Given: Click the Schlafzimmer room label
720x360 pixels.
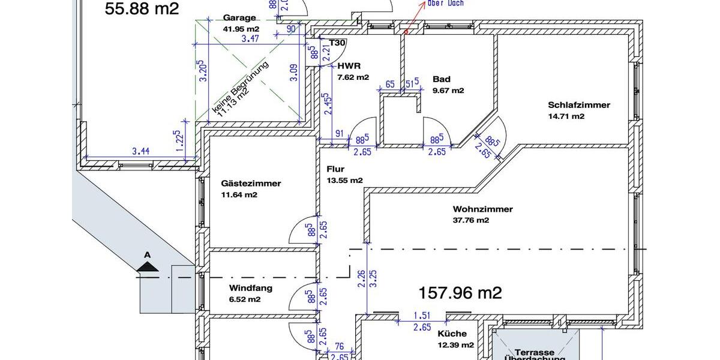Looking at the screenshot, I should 579,105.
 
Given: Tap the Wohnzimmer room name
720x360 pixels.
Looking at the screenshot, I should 482,209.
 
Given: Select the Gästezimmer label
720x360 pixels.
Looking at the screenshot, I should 250,184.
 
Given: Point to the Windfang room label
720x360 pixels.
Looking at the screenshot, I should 251,288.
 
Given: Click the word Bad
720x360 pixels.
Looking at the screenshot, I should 441,79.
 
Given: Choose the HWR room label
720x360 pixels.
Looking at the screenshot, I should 349,66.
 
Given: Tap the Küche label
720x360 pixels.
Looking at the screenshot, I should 452,334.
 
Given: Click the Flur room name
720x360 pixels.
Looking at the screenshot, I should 335,169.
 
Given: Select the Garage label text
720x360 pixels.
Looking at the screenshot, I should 239,18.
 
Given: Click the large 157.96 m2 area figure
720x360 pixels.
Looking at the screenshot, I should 460,293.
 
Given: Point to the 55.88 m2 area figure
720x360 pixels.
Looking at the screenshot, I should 142,8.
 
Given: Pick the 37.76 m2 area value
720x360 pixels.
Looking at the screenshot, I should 471,220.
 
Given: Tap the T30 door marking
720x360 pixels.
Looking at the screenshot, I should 338,43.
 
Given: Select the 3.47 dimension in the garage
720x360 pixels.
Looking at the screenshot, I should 250,39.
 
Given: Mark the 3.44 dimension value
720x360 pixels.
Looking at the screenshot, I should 140,151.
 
